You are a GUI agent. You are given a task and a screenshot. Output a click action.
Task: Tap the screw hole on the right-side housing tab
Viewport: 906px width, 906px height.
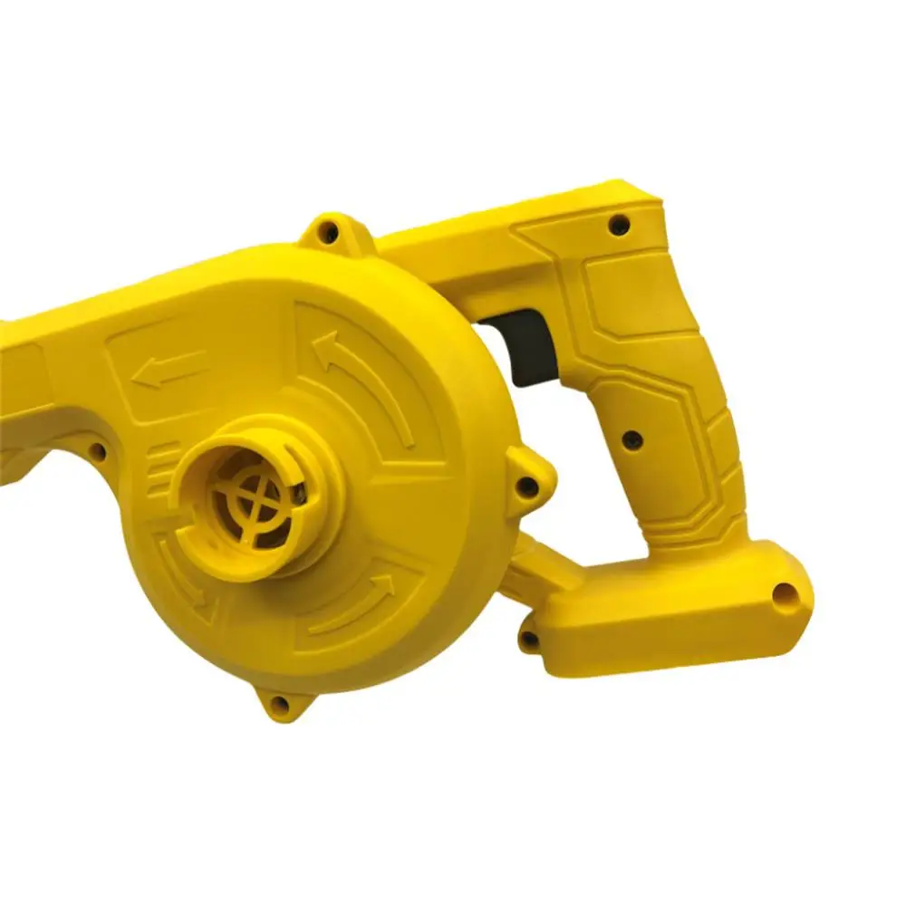526,486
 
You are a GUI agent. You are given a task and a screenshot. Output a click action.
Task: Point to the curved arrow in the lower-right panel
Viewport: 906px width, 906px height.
358,602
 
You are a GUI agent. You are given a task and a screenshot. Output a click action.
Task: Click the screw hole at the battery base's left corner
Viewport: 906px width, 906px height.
529,640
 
